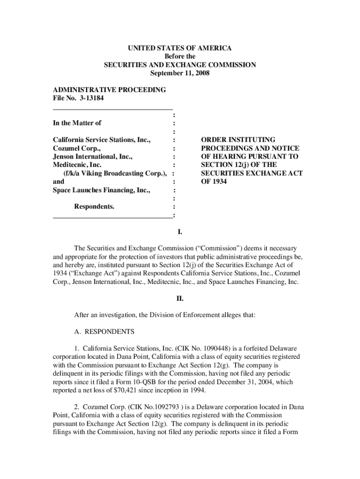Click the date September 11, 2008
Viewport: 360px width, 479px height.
[x=180, y=73]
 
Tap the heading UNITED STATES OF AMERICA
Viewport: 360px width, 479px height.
[x=180, y=48]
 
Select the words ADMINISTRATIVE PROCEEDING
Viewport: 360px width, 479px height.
[x=109, y=90]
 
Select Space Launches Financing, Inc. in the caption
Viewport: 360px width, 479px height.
[x=101, y=190]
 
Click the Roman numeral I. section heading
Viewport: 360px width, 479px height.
[x=180, y=232]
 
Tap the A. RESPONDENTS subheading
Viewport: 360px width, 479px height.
[x=104, y=332]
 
